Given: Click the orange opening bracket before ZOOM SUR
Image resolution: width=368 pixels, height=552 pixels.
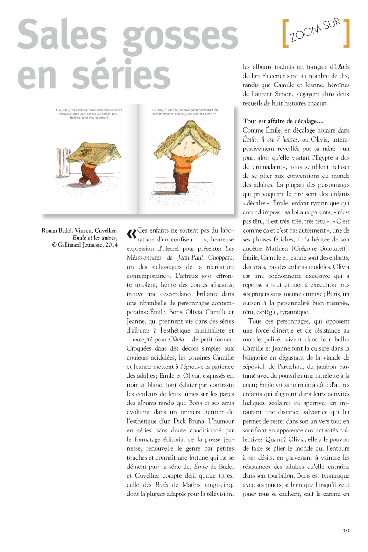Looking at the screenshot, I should pos(284,34).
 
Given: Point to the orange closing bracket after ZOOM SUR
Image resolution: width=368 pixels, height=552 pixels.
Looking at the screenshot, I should pos(346,34).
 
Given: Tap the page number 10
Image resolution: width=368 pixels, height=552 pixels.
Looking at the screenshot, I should pos(346,530).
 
